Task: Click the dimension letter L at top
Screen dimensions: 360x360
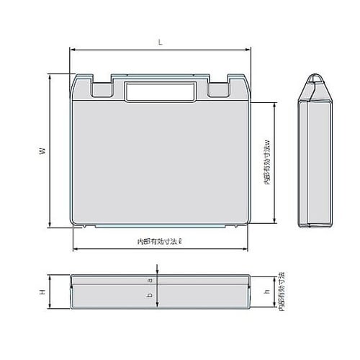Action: [x=159, y=42]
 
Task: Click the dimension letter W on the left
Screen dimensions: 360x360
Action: [x=42, y=151]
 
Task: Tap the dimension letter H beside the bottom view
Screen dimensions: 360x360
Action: [x=42, y=292]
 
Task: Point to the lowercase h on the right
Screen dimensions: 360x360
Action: [x=267, y=292]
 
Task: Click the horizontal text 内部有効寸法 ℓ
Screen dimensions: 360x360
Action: [x=159, y=243]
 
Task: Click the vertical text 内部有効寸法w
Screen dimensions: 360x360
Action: [x=267, y=162]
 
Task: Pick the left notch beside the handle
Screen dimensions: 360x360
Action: [x=100, y=88]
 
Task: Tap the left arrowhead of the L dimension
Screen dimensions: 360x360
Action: [x=71, y=50]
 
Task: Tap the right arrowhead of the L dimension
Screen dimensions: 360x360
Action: [x=248, y=50]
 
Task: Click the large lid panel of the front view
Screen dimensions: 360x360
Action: [x=159, y=162]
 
